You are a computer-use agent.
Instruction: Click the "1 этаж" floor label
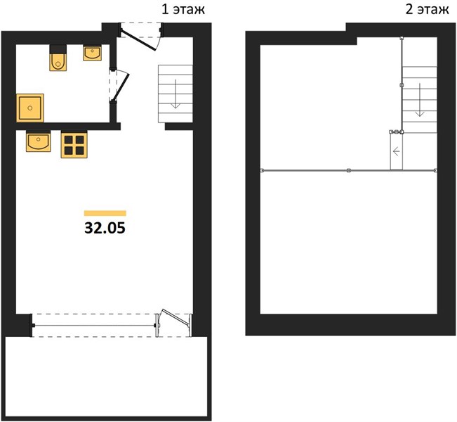point(183,10)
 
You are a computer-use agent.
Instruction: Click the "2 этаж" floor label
point(427,10)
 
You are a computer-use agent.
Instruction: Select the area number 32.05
point(105,228)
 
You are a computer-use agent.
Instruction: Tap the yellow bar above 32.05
point(105,213)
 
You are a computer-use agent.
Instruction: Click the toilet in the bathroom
point(58,58)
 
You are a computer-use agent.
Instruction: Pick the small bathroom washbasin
point(93,53)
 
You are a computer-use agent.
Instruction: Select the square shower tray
point(30,108)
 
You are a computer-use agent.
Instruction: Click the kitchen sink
point(38,141)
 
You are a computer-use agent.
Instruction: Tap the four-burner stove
point(74,145)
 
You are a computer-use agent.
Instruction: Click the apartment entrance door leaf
point(138,41)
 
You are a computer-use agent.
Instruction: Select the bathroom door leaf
point(120,87)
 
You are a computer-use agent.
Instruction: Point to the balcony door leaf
point(177,317)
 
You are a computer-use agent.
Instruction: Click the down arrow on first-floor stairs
point(175,94)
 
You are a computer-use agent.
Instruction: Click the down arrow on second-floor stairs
point(420,100)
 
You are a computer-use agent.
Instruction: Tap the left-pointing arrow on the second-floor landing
point(397,152)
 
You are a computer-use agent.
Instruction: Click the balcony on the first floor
point(107,377)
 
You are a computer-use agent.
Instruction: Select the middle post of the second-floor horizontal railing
point(349,170)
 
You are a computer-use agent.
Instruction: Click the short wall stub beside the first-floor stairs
point(179,127)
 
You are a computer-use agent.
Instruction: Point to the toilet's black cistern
point(58,49)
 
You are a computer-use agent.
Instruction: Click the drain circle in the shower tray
point(29,108)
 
